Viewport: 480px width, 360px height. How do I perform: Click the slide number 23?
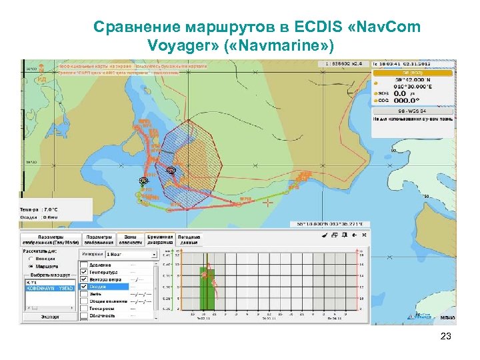click(446, 337)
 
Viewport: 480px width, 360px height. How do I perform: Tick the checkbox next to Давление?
click(83, 265)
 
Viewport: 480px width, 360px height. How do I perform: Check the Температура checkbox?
click(83, 272)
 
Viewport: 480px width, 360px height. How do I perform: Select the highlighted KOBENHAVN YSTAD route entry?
click(51, 288)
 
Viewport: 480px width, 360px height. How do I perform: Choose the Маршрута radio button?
click(31, 266)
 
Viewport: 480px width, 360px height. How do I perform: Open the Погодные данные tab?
click(189, 239)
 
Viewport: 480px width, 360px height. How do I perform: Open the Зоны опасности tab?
click(127, 239)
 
